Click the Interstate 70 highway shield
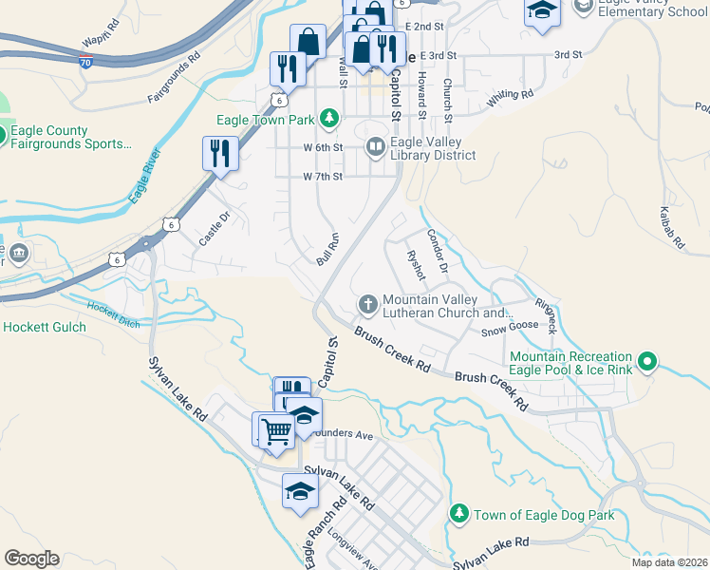click(86, 61)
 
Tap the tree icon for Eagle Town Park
click(328, 119)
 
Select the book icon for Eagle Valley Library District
click(375, 146)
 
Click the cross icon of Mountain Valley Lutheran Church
click(367, 304)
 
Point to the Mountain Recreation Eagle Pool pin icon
click(647, 361)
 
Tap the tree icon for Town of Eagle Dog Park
click(458, 514)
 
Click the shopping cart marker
click(276, 430)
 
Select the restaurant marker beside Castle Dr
click(220, 153)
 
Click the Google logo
click(32, 558)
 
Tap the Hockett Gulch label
click(45, 327)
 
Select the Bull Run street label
click(327, 249)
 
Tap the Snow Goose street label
click(509, 329)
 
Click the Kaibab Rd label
click(671, 228)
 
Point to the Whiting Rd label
click(510, 97)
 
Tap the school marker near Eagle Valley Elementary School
click(541, 11)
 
